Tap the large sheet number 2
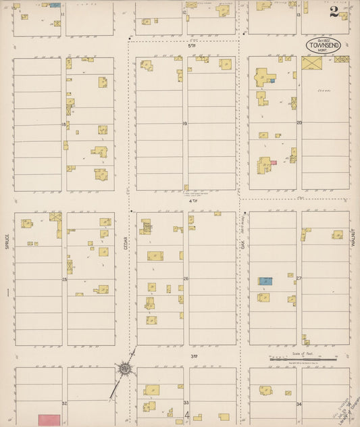(334, 11)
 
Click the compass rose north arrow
(125, 369)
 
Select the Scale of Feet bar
(303, 359)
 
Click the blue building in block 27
(265, 280)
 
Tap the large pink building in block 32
(47, 420)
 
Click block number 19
(184, 124)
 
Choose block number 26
(185, 278)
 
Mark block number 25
(64, 278)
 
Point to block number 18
(64, 124)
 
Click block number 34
(299, 403)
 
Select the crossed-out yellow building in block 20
(312, 64)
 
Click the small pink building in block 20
(273, 163)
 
